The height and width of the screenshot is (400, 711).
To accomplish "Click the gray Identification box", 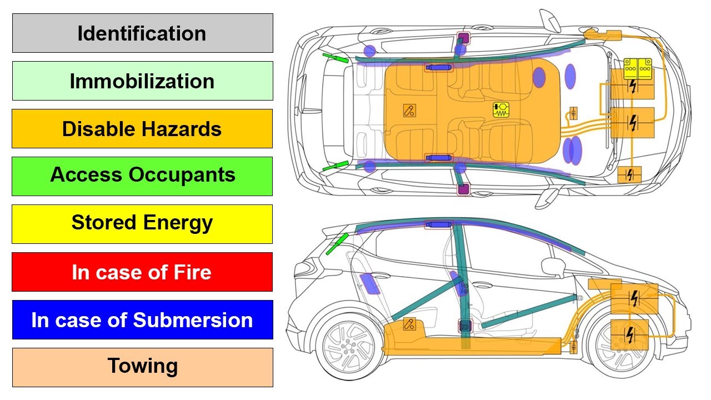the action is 143,33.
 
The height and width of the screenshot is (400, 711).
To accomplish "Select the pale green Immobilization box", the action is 143,81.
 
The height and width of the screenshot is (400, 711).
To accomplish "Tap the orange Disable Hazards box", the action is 142,128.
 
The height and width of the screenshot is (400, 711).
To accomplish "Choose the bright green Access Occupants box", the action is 142,176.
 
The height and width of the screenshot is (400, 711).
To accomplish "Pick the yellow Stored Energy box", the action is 142,224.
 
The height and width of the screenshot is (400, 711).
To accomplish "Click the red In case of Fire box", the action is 142,272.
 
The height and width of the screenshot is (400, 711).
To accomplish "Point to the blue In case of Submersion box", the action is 143,319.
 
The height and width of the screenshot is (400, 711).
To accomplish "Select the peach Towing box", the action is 143,367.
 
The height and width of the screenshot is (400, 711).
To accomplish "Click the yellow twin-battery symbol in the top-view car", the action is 638,68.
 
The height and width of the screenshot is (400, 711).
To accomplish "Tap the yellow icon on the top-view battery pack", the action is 501,110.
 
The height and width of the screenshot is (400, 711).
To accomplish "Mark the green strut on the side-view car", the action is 337,244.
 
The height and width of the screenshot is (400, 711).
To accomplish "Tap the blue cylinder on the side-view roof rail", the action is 439,225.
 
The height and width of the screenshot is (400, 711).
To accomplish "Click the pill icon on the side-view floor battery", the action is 409,324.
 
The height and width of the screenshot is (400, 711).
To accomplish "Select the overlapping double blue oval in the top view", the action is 572,151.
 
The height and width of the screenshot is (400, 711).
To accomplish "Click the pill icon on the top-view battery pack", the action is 409,111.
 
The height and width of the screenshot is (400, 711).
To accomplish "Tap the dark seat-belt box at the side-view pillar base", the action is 465,326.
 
